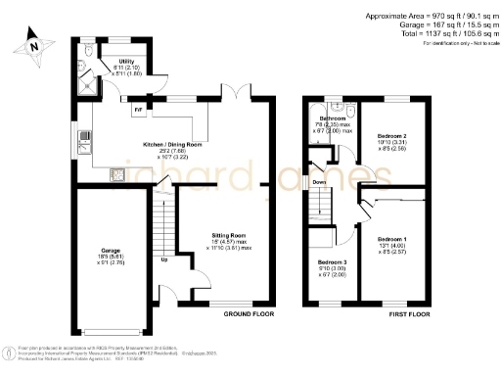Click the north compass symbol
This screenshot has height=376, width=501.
(33, 44)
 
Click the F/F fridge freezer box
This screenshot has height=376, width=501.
(137, 110)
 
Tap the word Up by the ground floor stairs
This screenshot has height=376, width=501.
(163, 260)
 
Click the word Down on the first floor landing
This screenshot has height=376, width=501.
(318, 181)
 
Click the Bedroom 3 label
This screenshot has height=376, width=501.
(332, 262)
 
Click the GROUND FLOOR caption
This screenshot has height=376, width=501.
(248, 315)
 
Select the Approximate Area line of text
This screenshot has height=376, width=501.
(429, 17)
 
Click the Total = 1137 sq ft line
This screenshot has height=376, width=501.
(440, 34)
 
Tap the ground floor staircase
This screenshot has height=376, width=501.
(163, 225)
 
